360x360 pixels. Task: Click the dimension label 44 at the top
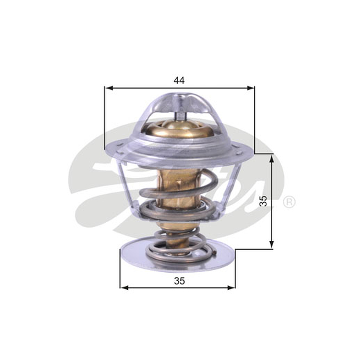click(x=179, y=81)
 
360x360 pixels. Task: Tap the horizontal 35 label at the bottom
click(x=179, y=280)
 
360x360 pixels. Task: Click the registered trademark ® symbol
click(x=289, y=202)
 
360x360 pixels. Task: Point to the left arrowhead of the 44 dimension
click(x=108, y=88)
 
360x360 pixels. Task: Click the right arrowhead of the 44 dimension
click(x=251, y=88)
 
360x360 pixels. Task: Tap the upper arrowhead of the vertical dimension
click(x=272, y=158)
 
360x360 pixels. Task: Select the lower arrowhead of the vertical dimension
click(x=272, y=244)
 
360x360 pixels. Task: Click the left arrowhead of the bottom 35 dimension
click(x=124, y=288)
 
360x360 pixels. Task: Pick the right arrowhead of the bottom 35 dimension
click(x=231, y=288)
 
